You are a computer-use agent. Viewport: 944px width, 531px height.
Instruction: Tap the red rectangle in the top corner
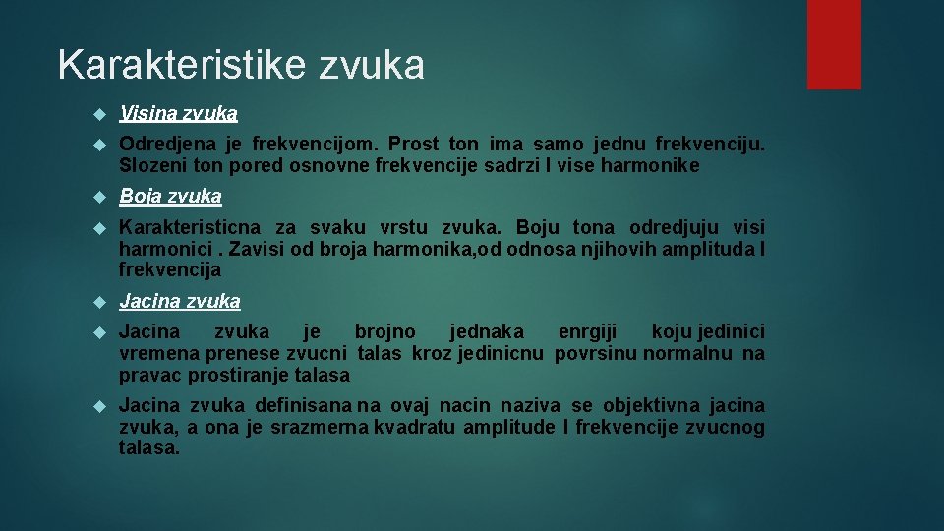[834, 44]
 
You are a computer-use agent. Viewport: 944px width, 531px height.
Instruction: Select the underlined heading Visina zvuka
[178, 114]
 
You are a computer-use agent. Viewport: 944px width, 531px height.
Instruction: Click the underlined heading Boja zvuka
[170, 197]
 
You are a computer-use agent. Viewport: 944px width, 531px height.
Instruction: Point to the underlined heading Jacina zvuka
[179, 302]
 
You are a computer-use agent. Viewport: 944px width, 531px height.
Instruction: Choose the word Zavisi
[260, 249]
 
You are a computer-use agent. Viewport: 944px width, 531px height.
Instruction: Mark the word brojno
[384, 332]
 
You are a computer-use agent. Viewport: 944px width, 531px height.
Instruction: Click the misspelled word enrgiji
[588, 332]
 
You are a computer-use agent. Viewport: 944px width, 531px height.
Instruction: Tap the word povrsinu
[596, 354]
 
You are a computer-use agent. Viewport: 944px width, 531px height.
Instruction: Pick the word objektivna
[649, 405]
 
